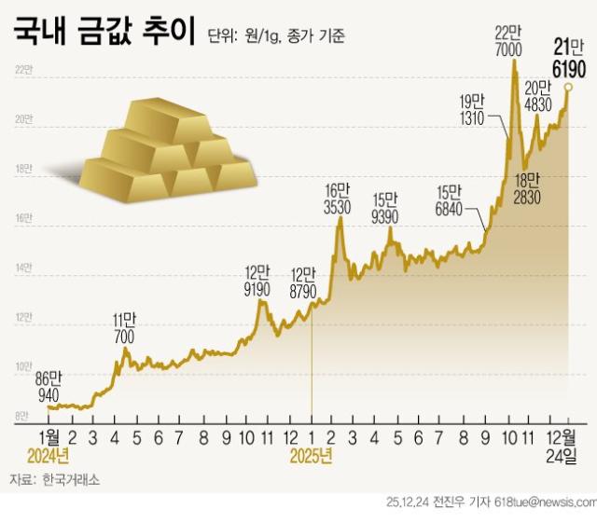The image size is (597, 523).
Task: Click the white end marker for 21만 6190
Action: (568, 87)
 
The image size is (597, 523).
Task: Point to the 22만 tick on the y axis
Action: (23, 71)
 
